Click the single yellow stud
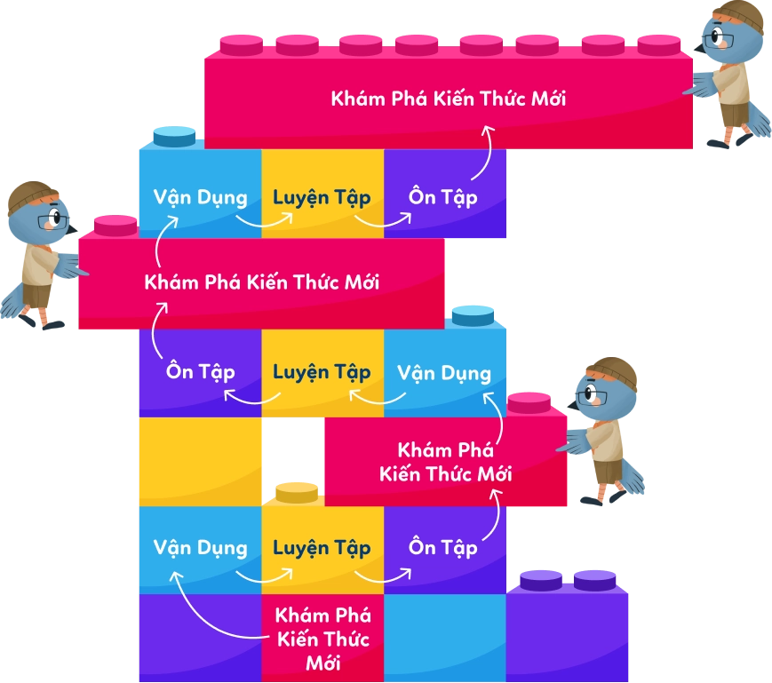[x=297, y=493]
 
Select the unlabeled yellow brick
[x=201, y=462]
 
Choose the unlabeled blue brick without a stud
[x=444, y=638]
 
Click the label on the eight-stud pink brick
[x=449, y=99]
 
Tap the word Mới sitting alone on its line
[x=323, y=663]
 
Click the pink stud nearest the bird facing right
[x=115, y=226]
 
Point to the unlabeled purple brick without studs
[x=201, y=638]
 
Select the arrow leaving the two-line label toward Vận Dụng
[x=497, y=417]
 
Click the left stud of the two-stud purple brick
[x=541, y=581]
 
